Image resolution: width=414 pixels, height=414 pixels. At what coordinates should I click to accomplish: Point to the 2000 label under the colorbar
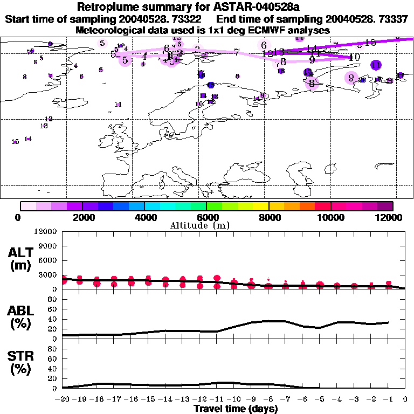(x=82, y=217)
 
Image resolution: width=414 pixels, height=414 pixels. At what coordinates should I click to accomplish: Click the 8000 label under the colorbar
(x=268, y=217)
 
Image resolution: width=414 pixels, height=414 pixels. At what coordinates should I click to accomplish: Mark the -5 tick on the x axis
(x=319, y=399)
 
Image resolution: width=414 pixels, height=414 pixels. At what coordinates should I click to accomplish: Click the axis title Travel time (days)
(x=236, y=409)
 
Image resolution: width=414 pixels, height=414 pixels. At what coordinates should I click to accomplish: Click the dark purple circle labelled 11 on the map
(x=376, y=65)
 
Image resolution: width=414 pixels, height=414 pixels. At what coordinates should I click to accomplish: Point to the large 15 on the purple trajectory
(x=370, y=43)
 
